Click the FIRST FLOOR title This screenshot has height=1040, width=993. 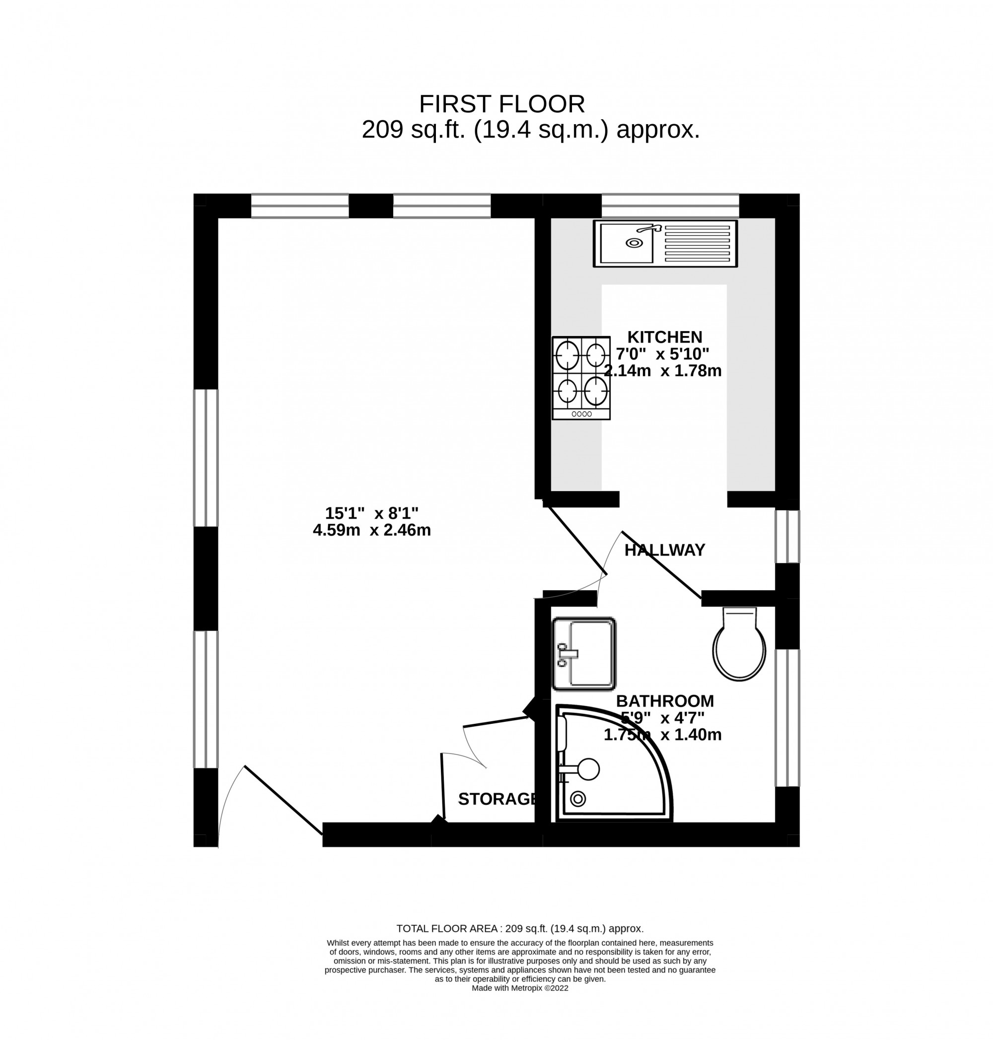coord(501,104)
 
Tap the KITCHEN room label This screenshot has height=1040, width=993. coord(664,337)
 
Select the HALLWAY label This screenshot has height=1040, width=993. coord(664,551)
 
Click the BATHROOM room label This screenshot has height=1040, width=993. coord(665,701)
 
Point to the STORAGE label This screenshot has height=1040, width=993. coord(497,799)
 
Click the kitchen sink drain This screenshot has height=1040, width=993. coord(634,243)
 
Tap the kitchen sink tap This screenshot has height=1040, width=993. coord(650,229)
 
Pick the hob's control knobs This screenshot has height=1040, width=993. coord(581,414)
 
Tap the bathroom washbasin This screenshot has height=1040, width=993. coord(584,654)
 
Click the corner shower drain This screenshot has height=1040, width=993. coord(578,799)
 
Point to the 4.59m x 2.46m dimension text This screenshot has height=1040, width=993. coord(371,530)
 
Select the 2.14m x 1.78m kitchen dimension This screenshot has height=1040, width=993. coord(663,370)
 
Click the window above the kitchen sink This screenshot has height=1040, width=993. coord(670,206)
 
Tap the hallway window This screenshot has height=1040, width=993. coord(787,536)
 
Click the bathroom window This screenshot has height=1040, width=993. coord(787,718)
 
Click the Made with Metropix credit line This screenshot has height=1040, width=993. coord(520,988)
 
